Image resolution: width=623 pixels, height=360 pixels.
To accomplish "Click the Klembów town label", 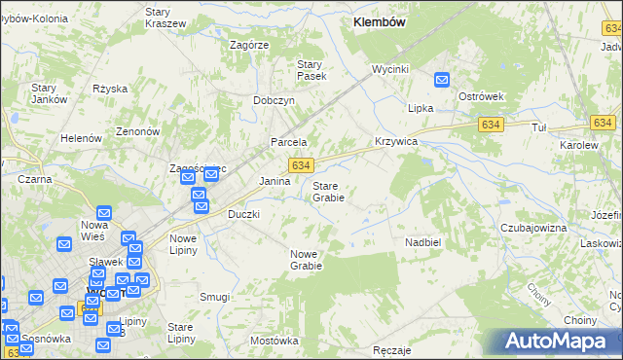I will tap(380, 20).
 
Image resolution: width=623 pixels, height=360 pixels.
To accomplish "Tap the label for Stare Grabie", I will tap(328, 191).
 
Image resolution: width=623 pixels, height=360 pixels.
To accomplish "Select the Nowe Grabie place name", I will tap(306, 259).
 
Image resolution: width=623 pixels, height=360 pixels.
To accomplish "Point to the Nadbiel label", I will tap(423, 240).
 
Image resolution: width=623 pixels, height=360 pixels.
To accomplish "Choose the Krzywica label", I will tap(396, 141).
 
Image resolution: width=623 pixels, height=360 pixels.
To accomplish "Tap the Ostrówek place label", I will tap(480, 96).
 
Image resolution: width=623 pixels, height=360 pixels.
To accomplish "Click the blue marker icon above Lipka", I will tap(442, 83).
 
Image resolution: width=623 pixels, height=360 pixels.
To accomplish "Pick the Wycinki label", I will tap(389, 69).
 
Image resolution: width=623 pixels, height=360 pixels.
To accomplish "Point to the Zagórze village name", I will tap(249, 45).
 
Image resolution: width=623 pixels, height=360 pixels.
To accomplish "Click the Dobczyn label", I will tap(274, 99).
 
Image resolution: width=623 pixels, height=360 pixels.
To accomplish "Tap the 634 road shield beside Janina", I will tap(300, 166).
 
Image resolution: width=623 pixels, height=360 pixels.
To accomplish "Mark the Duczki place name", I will tap(243, 213).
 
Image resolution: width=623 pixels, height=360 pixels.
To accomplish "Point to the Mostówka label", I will tap(274, 341).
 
